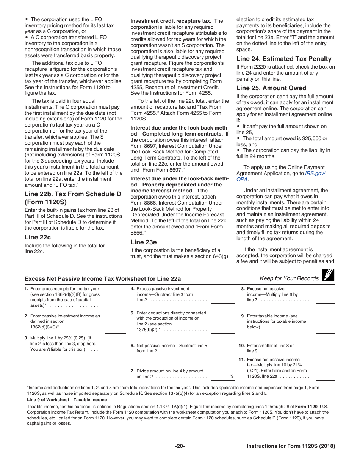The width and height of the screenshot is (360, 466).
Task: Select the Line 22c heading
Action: (38, 237)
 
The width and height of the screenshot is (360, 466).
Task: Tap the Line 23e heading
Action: (144, 242)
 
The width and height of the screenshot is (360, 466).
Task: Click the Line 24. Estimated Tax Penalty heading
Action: (284, 59)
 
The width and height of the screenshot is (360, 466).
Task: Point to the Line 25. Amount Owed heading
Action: (271, 88)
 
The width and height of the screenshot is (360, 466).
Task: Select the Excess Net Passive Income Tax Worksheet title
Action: (103, 279)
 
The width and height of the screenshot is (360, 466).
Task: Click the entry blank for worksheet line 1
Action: (115, 307)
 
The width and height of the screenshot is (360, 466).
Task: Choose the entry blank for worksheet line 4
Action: (222, 300)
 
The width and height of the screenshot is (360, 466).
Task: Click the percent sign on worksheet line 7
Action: (231, 377)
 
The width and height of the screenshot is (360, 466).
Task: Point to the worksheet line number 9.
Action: (243, 316)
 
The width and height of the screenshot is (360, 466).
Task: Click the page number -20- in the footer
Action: (180, 446)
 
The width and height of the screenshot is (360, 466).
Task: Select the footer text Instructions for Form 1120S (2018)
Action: (291, 446)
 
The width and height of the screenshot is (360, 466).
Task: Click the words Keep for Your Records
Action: (289, 278)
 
